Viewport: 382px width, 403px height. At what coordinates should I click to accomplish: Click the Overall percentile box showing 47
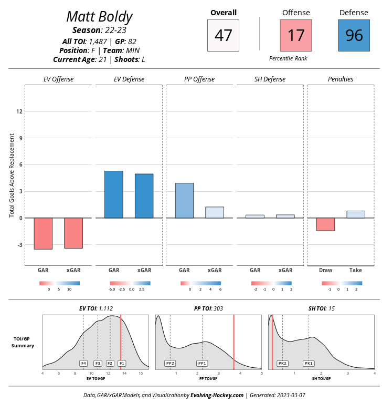click(x=223, y=35)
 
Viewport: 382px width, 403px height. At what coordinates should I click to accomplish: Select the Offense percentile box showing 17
click(x=296, y=35)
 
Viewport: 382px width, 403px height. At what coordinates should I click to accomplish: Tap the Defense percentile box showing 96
click(x=354, y=35)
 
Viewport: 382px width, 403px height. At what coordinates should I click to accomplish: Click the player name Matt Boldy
click(x=99, y=16)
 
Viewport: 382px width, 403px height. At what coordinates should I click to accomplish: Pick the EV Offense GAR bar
click(x=43, y=233)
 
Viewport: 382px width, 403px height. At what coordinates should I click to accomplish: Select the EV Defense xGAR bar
click(x=144, y=195)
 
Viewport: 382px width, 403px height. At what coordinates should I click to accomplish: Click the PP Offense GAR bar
click(x=184, y=200)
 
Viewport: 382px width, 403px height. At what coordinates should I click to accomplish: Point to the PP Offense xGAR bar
click(x=215, y=212)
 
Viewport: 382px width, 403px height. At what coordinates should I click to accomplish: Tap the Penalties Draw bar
click(x=325, y=224)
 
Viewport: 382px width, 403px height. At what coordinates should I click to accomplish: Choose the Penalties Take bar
click(x=356, y=214)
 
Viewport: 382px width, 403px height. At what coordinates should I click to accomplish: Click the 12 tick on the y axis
click(x=19, y=111)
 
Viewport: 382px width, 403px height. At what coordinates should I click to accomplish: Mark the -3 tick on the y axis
click(x=19, y=245)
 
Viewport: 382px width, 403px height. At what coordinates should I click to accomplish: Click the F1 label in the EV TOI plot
click(x=122, y=363)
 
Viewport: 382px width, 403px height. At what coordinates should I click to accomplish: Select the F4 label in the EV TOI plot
click(x=83, y=363)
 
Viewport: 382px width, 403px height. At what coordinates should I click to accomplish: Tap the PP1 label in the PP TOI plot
click(x=202, y=363)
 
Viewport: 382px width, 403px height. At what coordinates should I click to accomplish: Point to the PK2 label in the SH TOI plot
click(x=282, y=363)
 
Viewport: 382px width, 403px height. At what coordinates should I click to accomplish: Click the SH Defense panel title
click(x=270, y=79)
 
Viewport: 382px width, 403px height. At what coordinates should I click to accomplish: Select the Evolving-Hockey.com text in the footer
click(x=217, y=395)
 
